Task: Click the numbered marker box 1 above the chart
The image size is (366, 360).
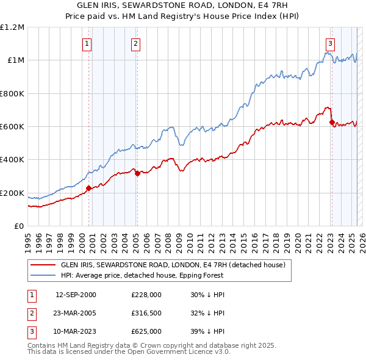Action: pyautogui.click(x=87, y=43)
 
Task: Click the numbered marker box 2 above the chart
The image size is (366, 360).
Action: pyautogui.click(x=135, y=43)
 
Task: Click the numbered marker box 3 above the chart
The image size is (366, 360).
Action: pyautogui.click(x=330, y=43)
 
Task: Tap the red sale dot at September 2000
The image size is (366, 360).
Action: pyautogui.click(x=88, y=188)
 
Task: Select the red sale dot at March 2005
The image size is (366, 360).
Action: pyautogui.click(x=137, y=173)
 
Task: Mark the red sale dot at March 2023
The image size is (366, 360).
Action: pyautogui.click(x=332, y=122)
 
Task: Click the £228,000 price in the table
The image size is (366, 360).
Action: pyautogui.click(x=146, y=295)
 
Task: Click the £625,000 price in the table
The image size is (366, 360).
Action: pyautogui.click(x=146, y=331)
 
